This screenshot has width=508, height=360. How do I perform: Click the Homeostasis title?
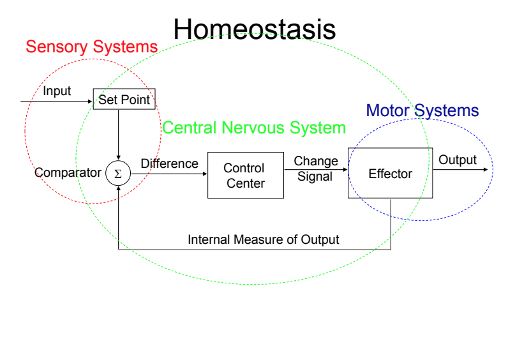(x=254, y=29)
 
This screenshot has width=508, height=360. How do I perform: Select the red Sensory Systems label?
(x=91, y=47)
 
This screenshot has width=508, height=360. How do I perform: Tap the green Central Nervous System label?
(x=254, y=128)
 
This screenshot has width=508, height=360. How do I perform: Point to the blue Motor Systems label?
(x=422, y=110)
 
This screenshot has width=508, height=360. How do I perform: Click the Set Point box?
(x=124, y=100)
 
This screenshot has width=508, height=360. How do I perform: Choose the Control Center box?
(x=245, y=176)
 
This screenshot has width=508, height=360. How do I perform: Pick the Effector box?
(x=390, y=174)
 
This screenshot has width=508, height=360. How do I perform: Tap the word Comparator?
(x=68, y=173)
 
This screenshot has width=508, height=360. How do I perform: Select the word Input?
(x=57, y=91)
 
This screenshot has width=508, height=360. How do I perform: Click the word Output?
(x=457, y=160)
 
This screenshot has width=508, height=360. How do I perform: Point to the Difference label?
(x=169, y=163)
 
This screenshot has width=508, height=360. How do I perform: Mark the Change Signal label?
(x=315, y=169)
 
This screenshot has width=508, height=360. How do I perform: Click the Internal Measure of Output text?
(x=263, y=240)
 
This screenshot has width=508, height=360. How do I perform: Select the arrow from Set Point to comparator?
(x=119, y=134)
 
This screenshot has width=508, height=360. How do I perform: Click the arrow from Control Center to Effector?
(x=315, y=170)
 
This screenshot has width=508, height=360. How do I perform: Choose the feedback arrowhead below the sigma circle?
(x=118, y=189)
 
